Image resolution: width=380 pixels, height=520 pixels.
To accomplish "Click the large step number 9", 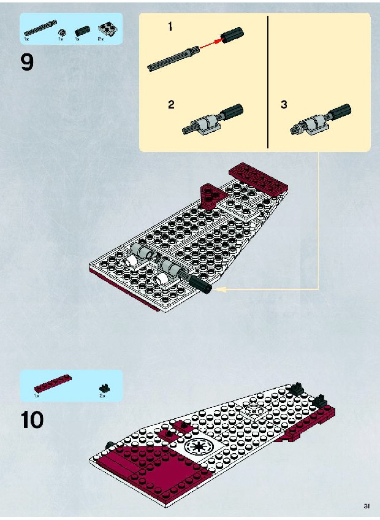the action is coord(27,62).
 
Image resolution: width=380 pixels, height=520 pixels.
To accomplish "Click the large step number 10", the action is coord(32,419).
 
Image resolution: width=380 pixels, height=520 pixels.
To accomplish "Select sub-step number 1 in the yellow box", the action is coord(170,26).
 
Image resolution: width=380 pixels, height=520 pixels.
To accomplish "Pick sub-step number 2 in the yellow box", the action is coord(171,105).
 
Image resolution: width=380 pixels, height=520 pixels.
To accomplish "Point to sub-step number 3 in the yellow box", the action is coord(284,104).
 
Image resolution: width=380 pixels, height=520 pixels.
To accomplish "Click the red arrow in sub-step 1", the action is coord(211,44).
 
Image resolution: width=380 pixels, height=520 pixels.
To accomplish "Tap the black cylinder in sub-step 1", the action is coord(232,35).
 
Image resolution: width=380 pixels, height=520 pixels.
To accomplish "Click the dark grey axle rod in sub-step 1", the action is coord(173,58).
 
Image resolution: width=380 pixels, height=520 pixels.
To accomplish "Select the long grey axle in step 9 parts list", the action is coord(40,28).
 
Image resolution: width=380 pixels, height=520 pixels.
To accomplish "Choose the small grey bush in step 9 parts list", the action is coord(61,32).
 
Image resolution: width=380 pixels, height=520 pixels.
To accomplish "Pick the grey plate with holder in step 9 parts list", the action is coord(108,30).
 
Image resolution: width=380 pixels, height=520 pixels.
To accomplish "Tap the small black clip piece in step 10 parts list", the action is coord(105,388).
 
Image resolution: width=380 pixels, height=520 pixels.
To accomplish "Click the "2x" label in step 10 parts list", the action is coord(102,396).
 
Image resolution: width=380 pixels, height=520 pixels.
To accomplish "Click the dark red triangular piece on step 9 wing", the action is coord(210,196).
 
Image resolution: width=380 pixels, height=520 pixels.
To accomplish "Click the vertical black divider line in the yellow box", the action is coord(268,82).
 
